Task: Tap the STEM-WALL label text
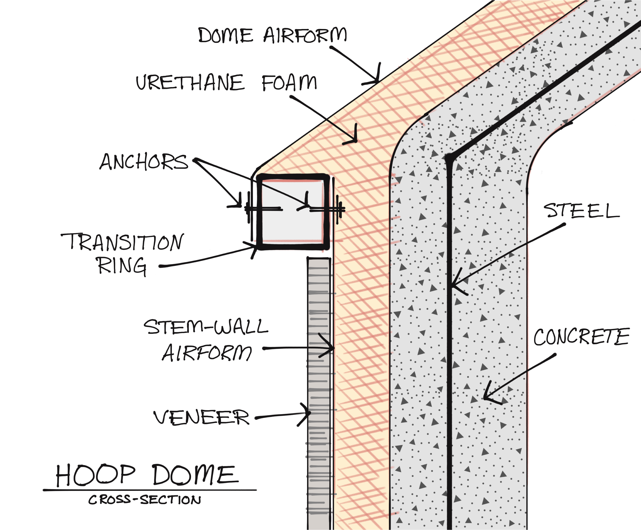click(206, 327)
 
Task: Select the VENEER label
click(201, 418)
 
